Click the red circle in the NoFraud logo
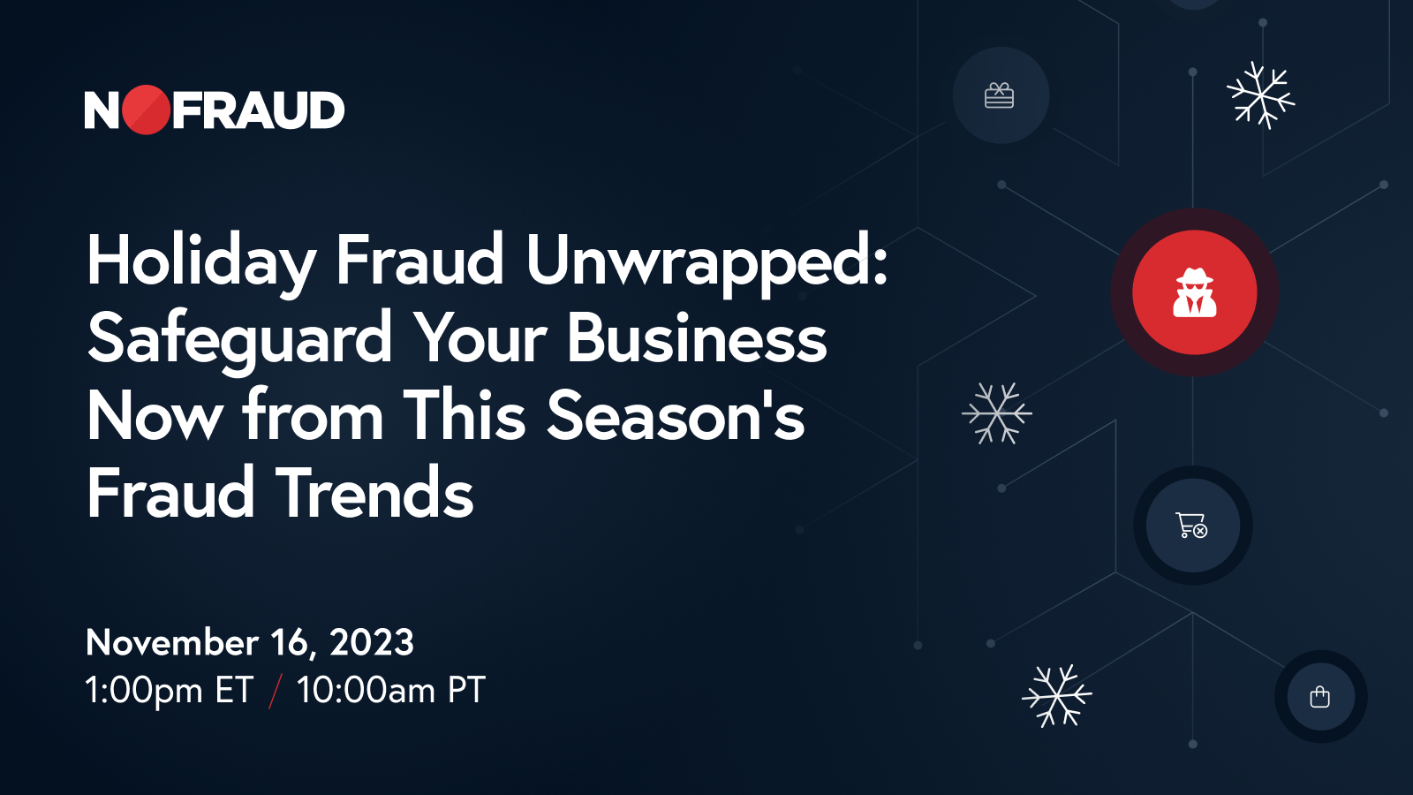146,110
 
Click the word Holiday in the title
200,261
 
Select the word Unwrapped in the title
706,261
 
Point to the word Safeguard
239,339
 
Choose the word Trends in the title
374,494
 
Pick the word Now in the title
155,416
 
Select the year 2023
372,642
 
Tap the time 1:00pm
143,690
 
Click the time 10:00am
366,690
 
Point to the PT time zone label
466,690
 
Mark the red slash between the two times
276,691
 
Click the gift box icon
999,95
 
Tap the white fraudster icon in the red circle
1194,292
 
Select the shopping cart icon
1191,525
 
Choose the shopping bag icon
1320,697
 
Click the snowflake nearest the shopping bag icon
1056,695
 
